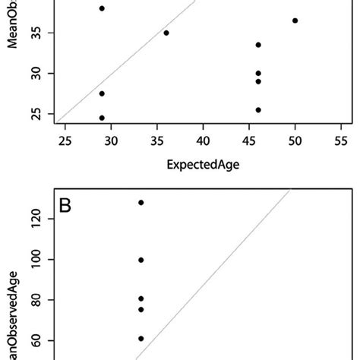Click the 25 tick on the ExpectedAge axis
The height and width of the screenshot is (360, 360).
coord(65,141)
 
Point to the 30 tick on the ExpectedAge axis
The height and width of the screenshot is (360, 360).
coord(111,141)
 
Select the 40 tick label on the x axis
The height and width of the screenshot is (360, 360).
coord(203,141)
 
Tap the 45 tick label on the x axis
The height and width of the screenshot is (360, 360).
coord(249,141)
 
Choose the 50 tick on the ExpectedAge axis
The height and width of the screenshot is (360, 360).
coord(295,141)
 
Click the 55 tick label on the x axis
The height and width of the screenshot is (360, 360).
coord(341,141)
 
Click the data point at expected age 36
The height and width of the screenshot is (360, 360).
coord(166,33)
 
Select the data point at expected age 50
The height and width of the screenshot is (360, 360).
coord(295,21)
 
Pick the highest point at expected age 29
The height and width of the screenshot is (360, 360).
coord(102,8)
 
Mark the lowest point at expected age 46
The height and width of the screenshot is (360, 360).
coord(258,110)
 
